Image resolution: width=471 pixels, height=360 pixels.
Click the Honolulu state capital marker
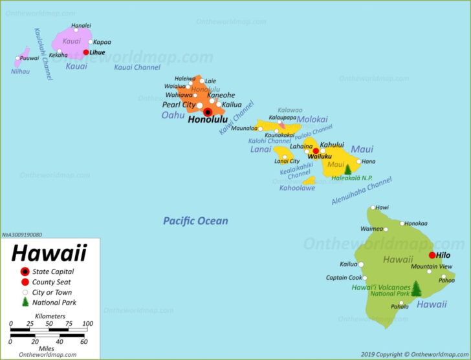click(x=208, y=111)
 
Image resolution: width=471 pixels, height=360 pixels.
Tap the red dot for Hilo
click(x=432, y=255)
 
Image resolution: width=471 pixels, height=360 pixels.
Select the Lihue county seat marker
click(x=86, y=52)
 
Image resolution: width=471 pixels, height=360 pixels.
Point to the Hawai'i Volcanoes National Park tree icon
click(x=417, y=289)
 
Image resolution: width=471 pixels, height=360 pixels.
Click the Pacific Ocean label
click(x=195, y=221)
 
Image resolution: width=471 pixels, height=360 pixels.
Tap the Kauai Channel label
click(x=137, y=67)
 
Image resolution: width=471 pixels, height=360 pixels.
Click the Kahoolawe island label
click(x=297, y=188)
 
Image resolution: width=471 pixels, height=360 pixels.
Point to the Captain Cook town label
click(x=344, y=278)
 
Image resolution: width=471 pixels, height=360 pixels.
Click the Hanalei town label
click(x=81, y=26)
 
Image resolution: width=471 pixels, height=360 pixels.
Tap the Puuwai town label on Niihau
click(x=29, y=58)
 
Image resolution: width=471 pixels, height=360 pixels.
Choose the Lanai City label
click(x=286, y=161)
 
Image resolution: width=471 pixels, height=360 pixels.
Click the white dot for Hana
click(x=359, y=162)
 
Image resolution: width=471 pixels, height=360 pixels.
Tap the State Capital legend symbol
click(x=25, y=271)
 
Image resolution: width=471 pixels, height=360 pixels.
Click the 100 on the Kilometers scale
click(x=87, y=324)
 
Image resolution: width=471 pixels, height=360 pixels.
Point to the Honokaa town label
click(x=417, y=224)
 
